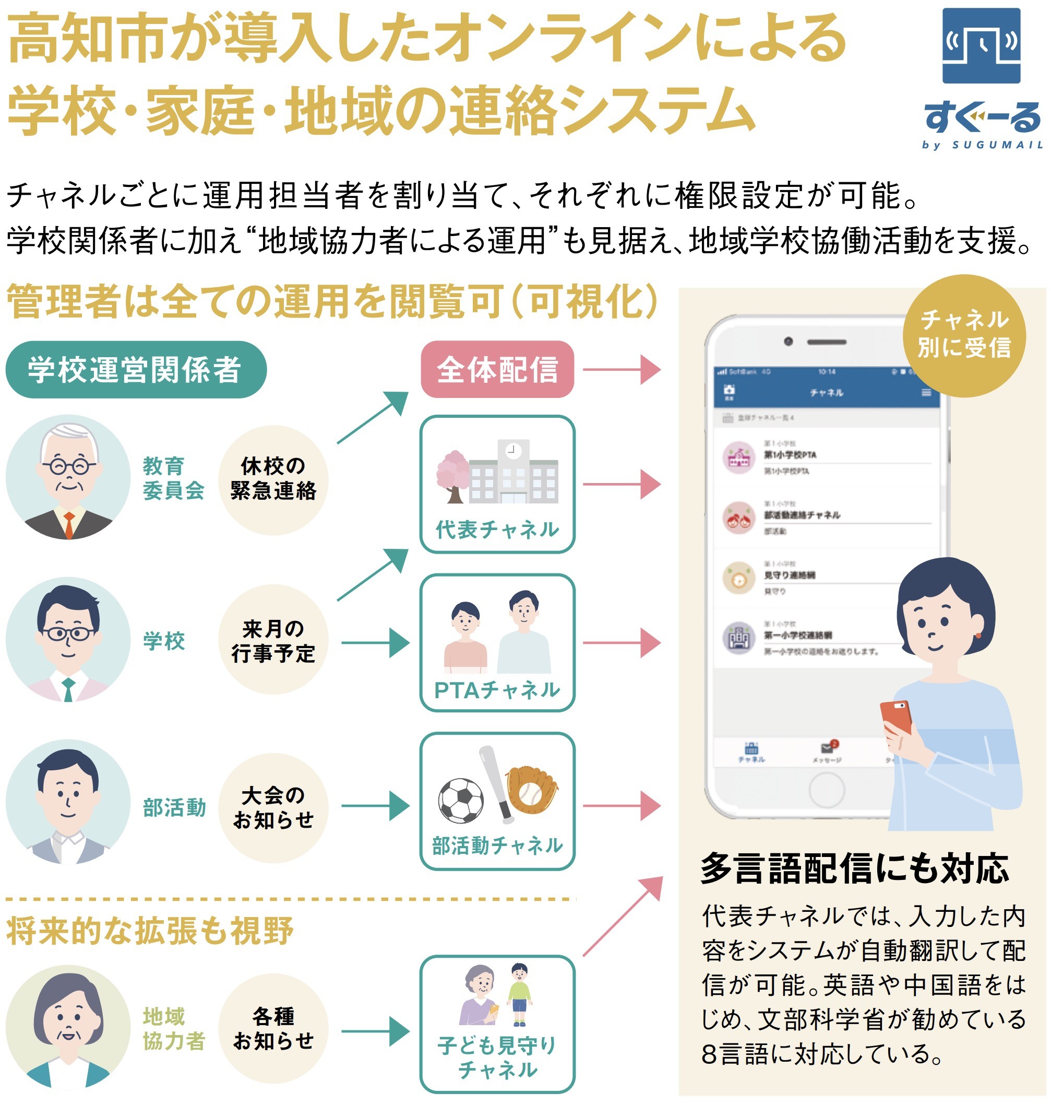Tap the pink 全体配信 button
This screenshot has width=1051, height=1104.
[497, 370]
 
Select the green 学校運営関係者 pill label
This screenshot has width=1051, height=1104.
[136, 370]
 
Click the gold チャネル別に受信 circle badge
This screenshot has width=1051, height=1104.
[964, 335]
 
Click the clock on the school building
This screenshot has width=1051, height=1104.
[512, 450]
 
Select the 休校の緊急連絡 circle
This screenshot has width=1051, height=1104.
[273, 479]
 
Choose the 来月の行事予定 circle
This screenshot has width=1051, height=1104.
[273, 640]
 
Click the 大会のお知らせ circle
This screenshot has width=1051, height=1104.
[273, 807]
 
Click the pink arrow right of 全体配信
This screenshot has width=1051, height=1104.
[622, 370]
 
